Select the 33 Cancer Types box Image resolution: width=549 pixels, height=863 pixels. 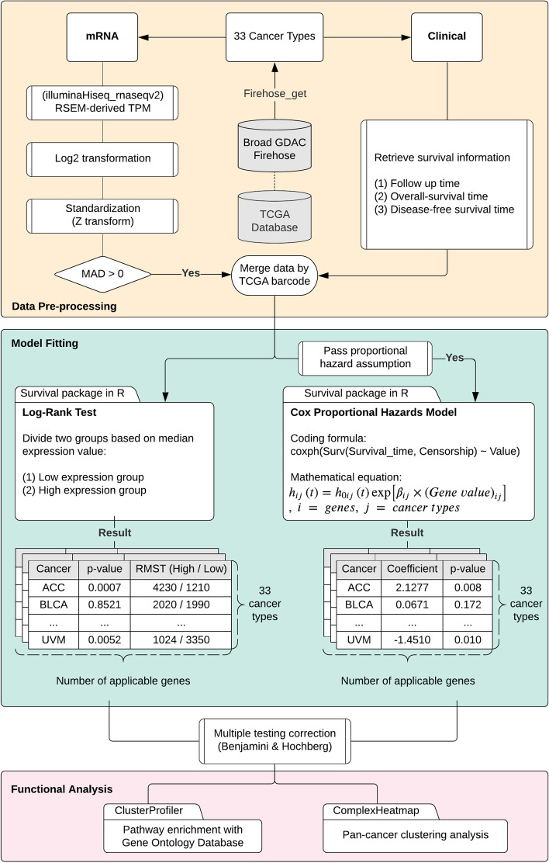[x=274, y=36]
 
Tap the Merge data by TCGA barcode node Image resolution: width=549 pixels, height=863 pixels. [x=274, y=273]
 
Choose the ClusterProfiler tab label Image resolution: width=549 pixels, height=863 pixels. [x=152, y=809]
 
